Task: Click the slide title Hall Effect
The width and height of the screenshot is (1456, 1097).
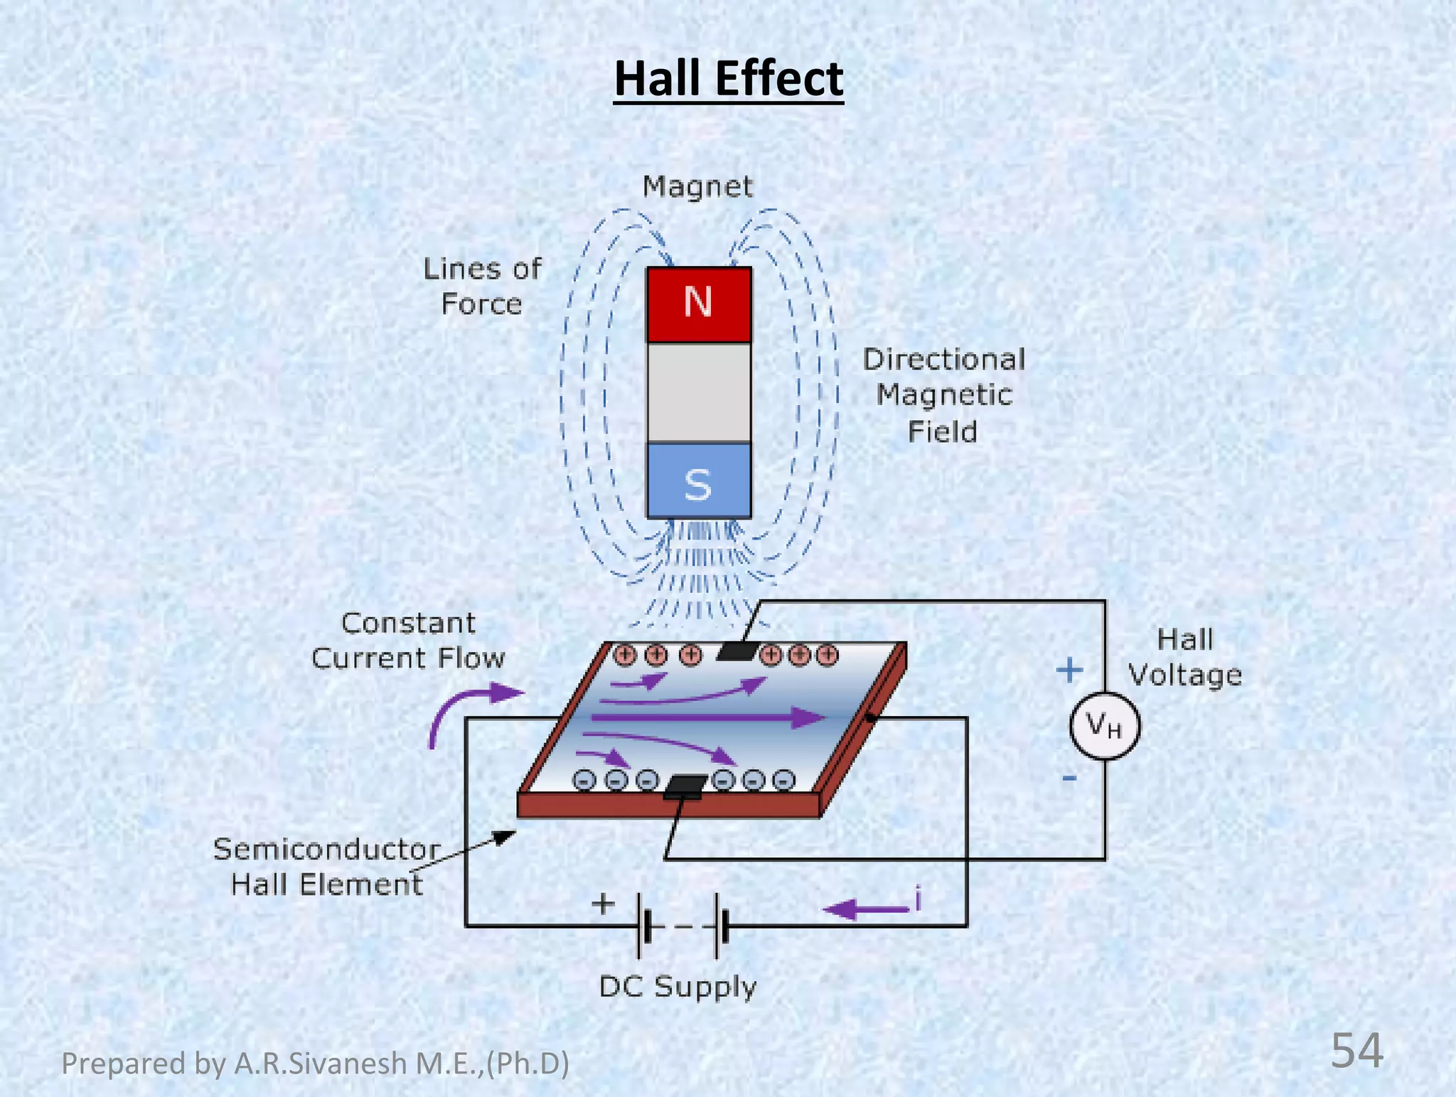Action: coord(728,78)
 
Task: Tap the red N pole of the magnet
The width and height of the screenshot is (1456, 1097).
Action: coord(698,304)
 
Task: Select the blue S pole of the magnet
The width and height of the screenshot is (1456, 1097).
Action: coord(698,481)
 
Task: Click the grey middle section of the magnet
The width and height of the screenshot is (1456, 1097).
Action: coord(698,392)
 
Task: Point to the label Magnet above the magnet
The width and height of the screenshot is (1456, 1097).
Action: coord(697,187)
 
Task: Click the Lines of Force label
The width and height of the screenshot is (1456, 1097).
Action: coord(482,287)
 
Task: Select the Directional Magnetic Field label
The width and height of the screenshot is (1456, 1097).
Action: coord(943,395)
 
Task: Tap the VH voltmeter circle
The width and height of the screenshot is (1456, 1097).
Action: coord(1104,726)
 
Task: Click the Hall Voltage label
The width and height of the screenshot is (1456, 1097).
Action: coord(1184,657)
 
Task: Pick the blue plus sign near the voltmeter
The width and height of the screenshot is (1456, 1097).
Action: coord(1069,670)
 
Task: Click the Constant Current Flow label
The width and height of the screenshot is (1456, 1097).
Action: coord(408,641)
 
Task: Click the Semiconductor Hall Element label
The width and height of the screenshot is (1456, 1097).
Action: coord(326,867)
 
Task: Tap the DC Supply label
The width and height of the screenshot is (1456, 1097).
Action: coord(678,987)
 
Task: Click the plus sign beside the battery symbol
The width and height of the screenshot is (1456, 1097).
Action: coord(603,904)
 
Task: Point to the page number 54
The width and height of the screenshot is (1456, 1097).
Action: coord(1356,1051)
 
